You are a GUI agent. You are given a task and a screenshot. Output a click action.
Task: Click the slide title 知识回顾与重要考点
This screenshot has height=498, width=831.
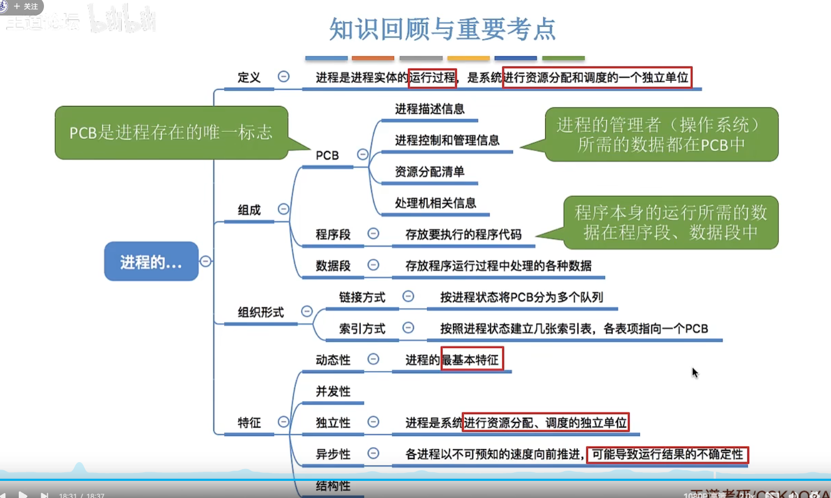(442, 29)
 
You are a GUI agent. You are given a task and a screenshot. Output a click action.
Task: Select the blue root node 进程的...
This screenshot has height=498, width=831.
(151, 261)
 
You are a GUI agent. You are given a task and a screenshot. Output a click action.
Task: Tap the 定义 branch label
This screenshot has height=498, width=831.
(249, 78)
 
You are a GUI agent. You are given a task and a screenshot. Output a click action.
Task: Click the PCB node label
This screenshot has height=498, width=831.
(327, 155)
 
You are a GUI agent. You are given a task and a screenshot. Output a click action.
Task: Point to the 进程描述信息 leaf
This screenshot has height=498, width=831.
(429, 109)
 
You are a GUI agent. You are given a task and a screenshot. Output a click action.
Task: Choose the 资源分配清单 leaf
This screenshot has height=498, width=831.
(429, 172)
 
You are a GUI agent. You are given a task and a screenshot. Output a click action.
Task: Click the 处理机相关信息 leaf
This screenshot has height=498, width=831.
(435, 203)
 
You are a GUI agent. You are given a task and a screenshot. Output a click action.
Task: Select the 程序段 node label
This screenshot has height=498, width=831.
(333, 235)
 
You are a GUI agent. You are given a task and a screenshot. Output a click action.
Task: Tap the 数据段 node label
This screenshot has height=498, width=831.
(333, 266)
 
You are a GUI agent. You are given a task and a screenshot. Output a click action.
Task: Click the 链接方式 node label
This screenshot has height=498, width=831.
(362, 297)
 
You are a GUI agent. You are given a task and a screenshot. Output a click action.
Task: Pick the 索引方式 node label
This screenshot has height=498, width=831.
(362, 329)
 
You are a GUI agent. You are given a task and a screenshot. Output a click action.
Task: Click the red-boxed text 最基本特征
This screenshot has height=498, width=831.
(472, 360)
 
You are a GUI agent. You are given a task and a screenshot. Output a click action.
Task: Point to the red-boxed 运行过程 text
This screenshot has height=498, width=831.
(432, 78)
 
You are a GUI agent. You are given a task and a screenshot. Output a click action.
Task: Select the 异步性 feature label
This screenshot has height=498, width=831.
(333, 454)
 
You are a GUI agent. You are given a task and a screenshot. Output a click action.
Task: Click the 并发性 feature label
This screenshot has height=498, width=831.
(333, 391)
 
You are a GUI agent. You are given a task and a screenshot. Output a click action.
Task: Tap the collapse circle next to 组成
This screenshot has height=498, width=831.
(284, 209)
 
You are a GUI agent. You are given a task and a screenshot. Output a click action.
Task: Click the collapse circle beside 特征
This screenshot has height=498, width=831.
(284, 422)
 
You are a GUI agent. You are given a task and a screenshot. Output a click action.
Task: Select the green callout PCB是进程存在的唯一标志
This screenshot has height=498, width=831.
(171, 132)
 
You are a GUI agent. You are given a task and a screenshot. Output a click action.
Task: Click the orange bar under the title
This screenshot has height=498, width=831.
(373, 58)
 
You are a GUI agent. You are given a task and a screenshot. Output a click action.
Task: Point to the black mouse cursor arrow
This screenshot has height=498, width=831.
(695, 373)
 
